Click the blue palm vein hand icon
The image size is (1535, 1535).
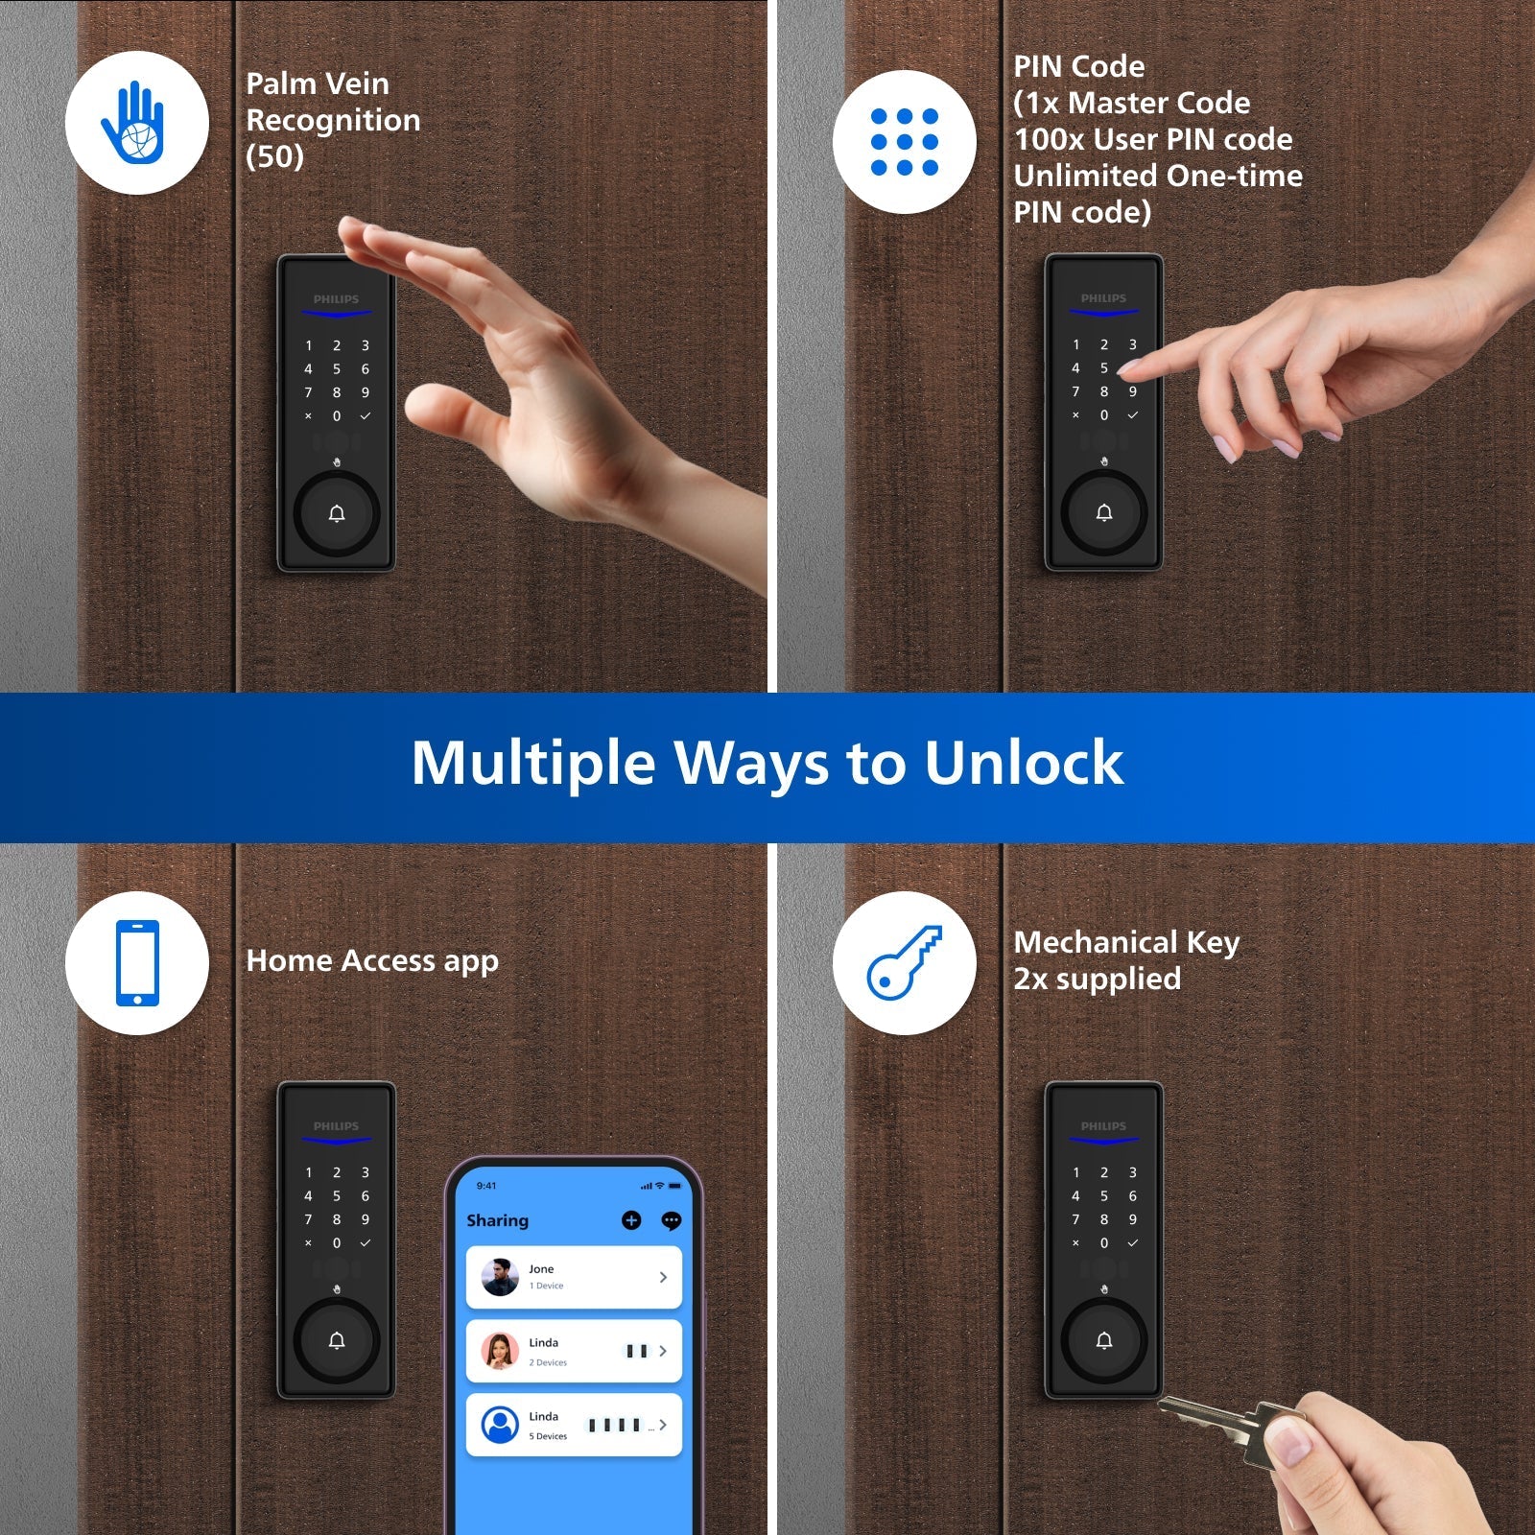(134, 123)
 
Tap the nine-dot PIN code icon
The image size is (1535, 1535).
(904, 142)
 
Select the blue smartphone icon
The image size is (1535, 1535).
(137, 963)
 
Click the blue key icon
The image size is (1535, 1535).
(904, 962)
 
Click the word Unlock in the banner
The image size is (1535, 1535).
(1024, 764)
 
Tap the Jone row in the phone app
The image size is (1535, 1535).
(574, 1277)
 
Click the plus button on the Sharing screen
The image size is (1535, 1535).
(631, 1220)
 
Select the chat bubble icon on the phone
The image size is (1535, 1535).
(672, 1220)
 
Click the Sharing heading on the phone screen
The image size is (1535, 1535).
(497, 1220)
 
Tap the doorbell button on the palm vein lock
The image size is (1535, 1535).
(337, 514)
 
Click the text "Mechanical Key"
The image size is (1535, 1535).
(1126, 943)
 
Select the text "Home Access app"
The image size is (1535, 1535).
(372, 961)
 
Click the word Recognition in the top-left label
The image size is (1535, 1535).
(333, 120)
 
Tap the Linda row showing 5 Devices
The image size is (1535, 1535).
(574, 1425)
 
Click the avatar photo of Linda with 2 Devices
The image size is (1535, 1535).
(500, 1351)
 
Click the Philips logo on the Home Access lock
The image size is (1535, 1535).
(336, 1126)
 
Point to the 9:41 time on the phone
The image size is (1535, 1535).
(486, 1186)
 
